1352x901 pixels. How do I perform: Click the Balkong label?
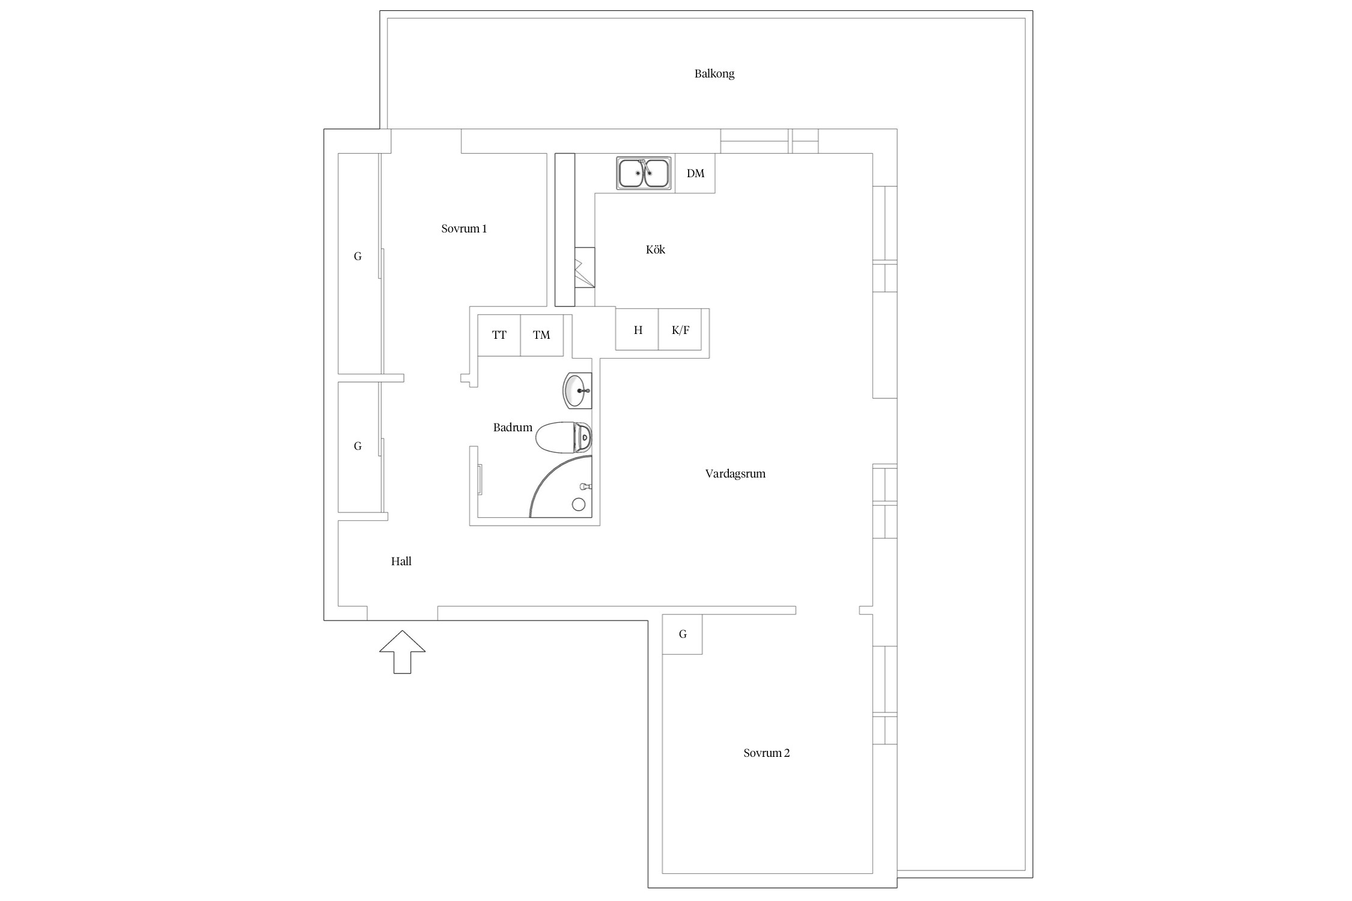(x=714, y=74)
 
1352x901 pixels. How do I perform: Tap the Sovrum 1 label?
(x=464, y=228)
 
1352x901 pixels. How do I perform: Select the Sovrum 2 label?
(x=767, y=753)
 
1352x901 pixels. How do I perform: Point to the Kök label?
(x=656, y=249)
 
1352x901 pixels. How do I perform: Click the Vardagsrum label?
(x=735, y=473)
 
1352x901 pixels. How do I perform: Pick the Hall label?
(x=401, y=561)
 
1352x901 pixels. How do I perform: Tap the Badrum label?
(x=513, y=427)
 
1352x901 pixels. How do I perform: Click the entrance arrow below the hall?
(x=403, y=652)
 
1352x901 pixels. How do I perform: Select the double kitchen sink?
(x=644, y=173)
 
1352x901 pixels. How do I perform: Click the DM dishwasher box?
(x=695, y=173)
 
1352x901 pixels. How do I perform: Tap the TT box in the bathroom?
(x=499, y=335)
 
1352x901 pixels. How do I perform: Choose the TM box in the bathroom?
(x=541, y=335)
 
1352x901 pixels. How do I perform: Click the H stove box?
(x=638, y=329)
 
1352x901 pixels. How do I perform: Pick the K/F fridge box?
(x=680, y=329)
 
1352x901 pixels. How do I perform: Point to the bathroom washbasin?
(x=577, y=390)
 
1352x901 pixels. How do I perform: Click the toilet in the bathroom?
(x=564, y=437)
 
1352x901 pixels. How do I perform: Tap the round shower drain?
(x=579, y=505)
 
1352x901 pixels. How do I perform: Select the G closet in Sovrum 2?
(x=682, y=634)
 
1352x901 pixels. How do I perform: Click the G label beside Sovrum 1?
(x=358, y=256)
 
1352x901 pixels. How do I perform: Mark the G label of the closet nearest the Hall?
(x=358, y=446)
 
